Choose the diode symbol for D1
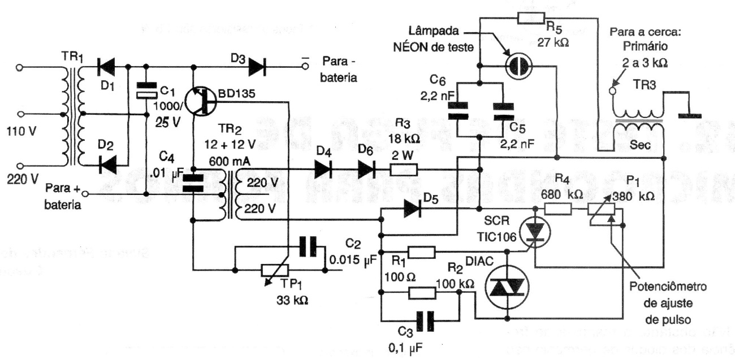(106, 67)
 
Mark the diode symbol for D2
(107, 165)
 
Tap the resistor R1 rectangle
(421, 252)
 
